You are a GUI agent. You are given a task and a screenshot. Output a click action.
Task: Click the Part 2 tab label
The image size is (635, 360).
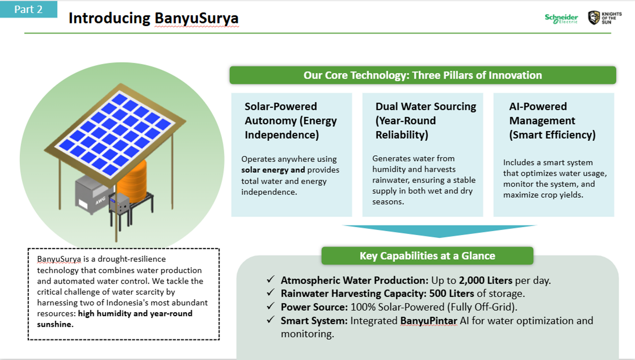pyautogui.click(x=28, y=9)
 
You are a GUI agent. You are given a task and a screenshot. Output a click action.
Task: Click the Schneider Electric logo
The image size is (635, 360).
pyautogui.click(x=561, y=19)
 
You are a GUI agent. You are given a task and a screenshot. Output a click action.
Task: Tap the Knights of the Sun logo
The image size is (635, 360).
pyautogui.click(x=605, y=18)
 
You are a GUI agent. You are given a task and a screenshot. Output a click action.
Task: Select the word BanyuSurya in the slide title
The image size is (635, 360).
pyautogui.click(x=197, y=19)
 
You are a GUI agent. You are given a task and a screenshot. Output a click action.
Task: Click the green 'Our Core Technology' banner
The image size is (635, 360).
pyautogui.click(x=422, y=75)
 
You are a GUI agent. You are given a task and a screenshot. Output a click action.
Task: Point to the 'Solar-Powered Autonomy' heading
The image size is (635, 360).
pyautogui.click(x=291, y=120)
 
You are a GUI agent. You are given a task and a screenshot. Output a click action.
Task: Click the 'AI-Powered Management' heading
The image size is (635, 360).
pyautogui.click(x=552, y=120)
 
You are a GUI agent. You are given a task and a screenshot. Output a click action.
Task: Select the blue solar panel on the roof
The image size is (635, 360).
pyautogui.click(x=115, y=133)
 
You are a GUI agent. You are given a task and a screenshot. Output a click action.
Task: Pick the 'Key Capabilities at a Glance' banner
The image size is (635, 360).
pyautogui.click(x=427, y=256)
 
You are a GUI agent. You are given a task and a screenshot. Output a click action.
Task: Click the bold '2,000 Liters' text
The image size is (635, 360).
pyautogui.click(x=486, y=281)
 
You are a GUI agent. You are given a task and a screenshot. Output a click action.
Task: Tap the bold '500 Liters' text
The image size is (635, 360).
pyautogui.click(x=451, y=294)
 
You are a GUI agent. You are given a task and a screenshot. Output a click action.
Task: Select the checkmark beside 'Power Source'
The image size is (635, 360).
pyautogui.click(x=271, y=306)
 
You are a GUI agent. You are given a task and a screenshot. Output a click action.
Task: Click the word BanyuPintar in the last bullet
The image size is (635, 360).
pyautogui.click(x=429, y=321)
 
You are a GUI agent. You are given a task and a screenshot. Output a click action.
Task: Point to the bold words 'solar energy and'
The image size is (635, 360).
pyautogui.click(x=273, y=170)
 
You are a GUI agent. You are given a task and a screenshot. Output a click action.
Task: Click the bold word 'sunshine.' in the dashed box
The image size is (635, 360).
pyautogui.click(x=55, y=324)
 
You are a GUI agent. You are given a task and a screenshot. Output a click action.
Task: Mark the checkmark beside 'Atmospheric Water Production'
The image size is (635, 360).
pyautogui.click(x=271, y=279)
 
